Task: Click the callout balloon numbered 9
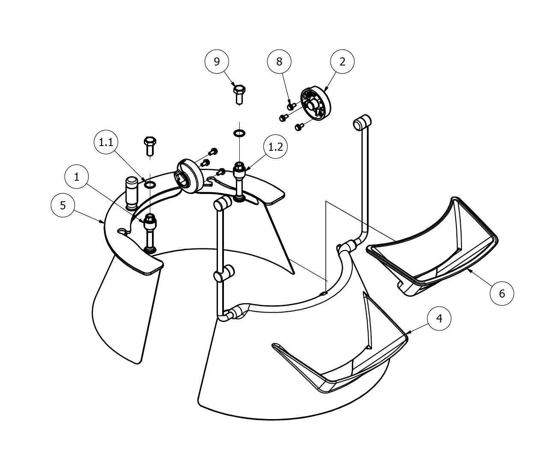pyautogui.click(x=217, y=62)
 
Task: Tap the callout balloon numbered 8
pyautogui.click(x=279, y=62)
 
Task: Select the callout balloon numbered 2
pyautogui.click(x=342, y=62)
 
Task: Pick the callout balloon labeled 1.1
pyautogui.click(x=106, y=142)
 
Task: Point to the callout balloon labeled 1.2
pyautogui.click(x=275, y=147)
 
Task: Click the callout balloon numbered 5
pyautogui.click(x=63, y=206)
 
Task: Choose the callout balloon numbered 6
pyautogui.click(x=502, y=293)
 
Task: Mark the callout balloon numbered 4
pyautogui.click(x=439, y=319)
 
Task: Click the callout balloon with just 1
pyautogui.click(x=77, y=177)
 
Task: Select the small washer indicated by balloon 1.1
pyautogui.click(x=150, y=185)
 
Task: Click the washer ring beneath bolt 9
pyautogui.click(x=240, y=133)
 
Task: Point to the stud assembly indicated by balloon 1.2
pyautogui.click(x=239, y=182)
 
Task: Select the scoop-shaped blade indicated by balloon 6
pyautogui.click(x=432, y=248)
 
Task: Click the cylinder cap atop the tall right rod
pyautogui.click(x=362, y=122)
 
